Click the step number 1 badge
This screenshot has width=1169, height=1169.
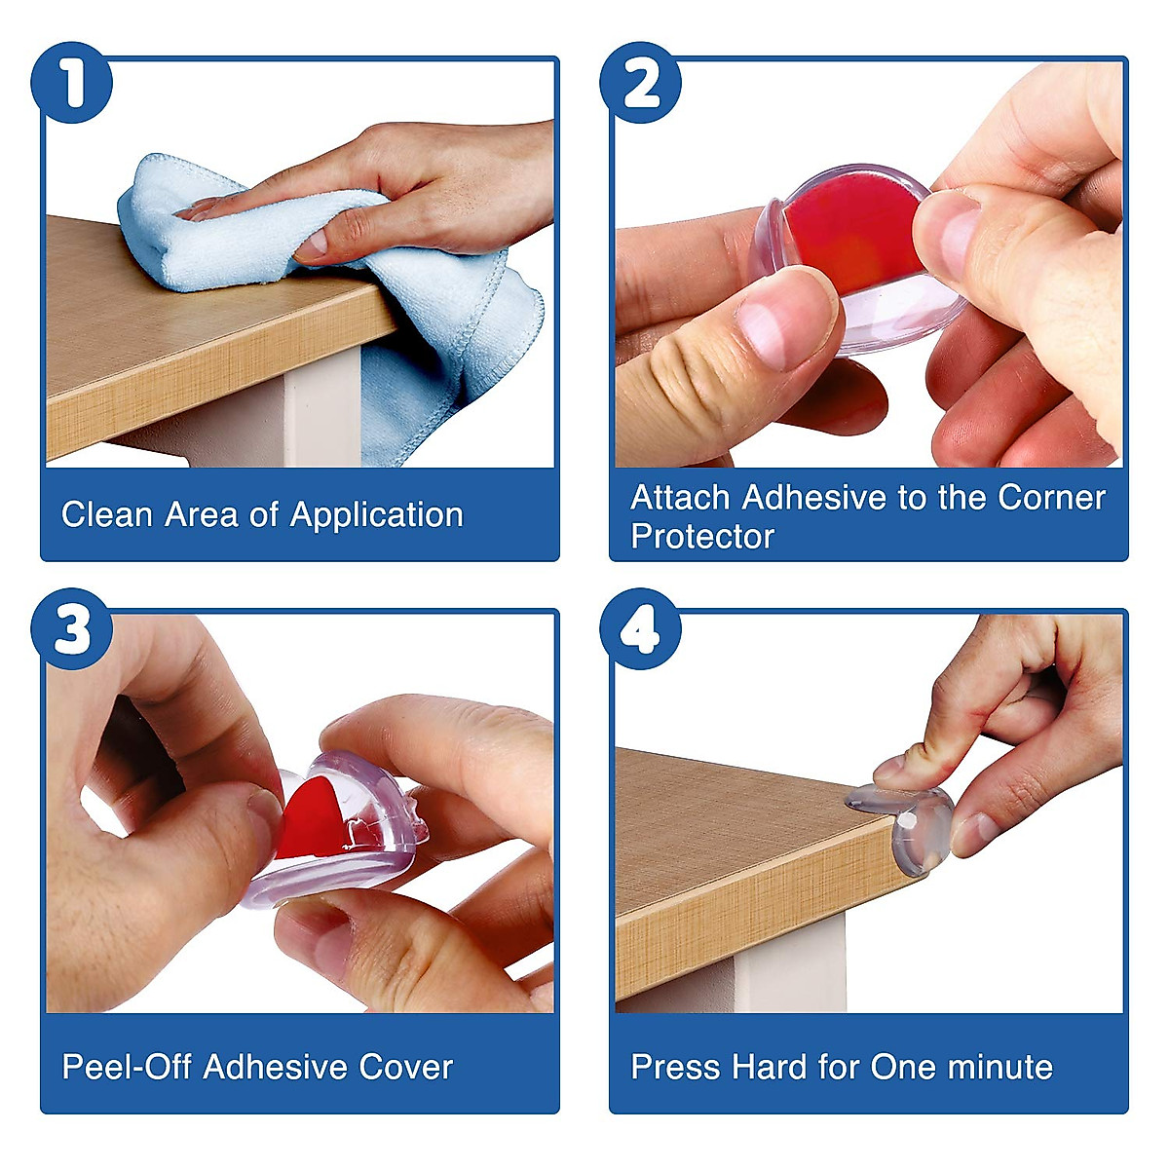click(x=71, y=83)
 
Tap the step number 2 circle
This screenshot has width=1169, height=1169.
click(x=641, y=83)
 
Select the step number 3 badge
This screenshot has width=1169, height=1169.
click(x=71, y=629)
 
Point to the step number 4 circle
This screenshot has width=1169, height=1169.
click(x=641, y=629)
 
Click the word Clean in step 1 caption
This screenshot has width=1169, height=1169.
click(x=107, y=514)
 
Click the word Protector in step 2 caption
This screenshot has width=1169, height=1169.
click(x=702, y=536)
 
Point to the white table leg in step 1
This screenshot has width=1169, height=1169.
click(x=321, y=406)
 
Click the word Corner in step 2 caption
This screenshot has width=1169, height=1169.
click(x=1051, y=498)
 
